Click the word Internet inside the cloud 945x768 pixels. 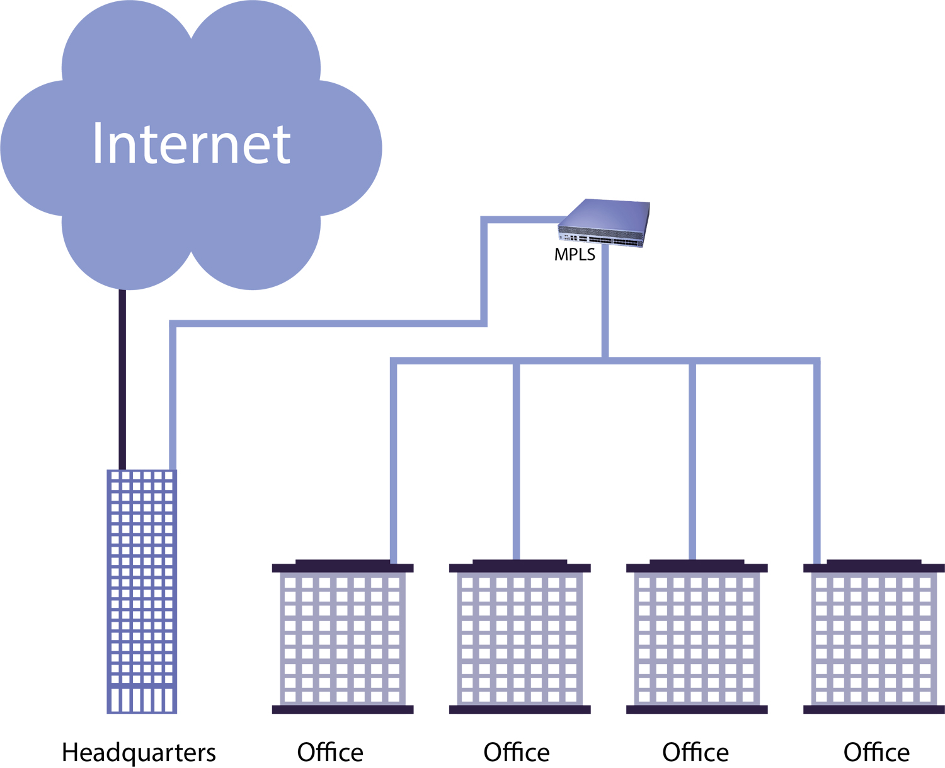click(x=191, y=144)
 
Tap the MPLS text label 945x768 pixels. click(x=575, y=255)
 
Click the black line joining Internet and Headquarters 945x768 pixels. click(x=123, y=378)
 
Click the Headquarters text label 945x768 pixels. click(x=139, y=752)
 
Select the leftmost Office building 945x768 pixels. click(x=343, y=637)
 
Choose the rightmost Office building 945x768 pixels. click(x=874, y=637)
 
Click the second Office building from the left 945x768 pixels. click(x=520, y=637)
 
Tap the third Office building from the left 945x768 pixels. click(x=697, y=637)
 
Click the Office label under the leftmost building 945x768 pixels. click(x=330, y=752)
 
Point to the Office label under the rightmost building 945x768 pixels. click(x=876, y=752)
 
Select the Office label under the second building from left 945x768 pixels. click(x=516, y=752)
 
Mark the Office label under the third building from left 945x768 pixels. click(x=696, y=752)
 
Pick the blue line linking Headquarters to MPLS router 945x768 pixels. click(x=328, y=324)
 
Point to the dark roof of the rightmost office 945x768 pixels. click(x=874, y=566)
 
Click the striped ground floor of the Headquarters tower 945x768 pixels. click(x=142, y=700)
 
